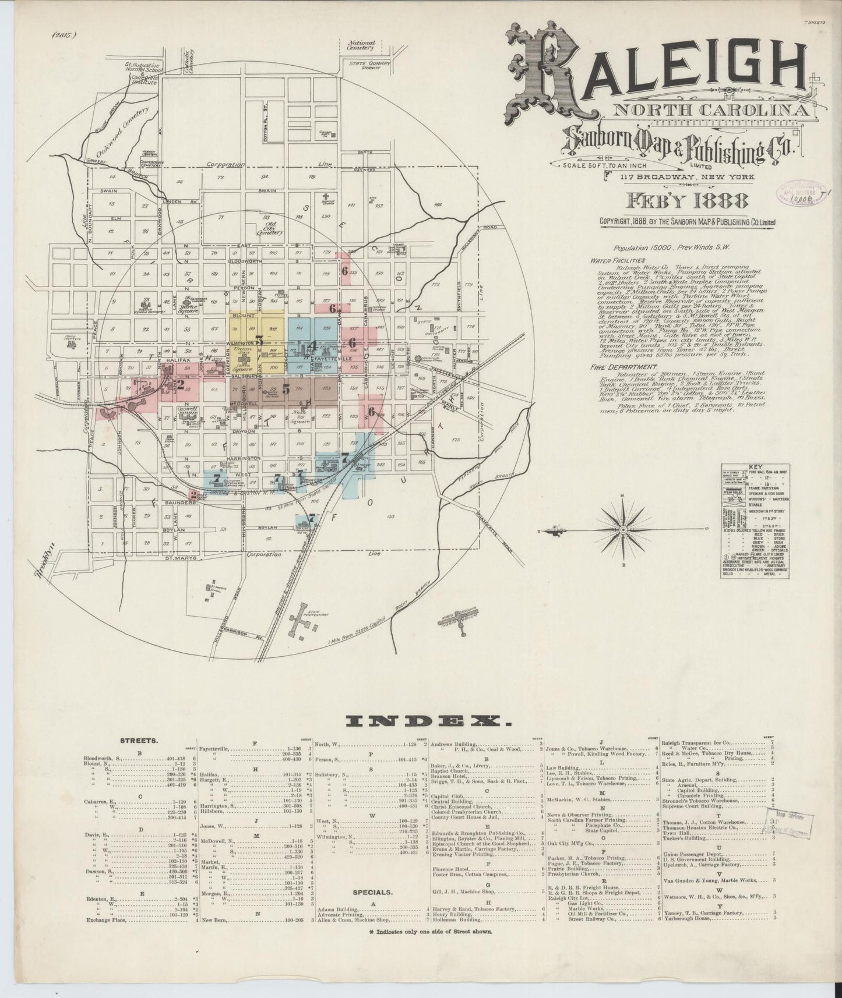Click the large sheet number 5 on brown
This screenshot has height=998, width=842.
286,390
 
